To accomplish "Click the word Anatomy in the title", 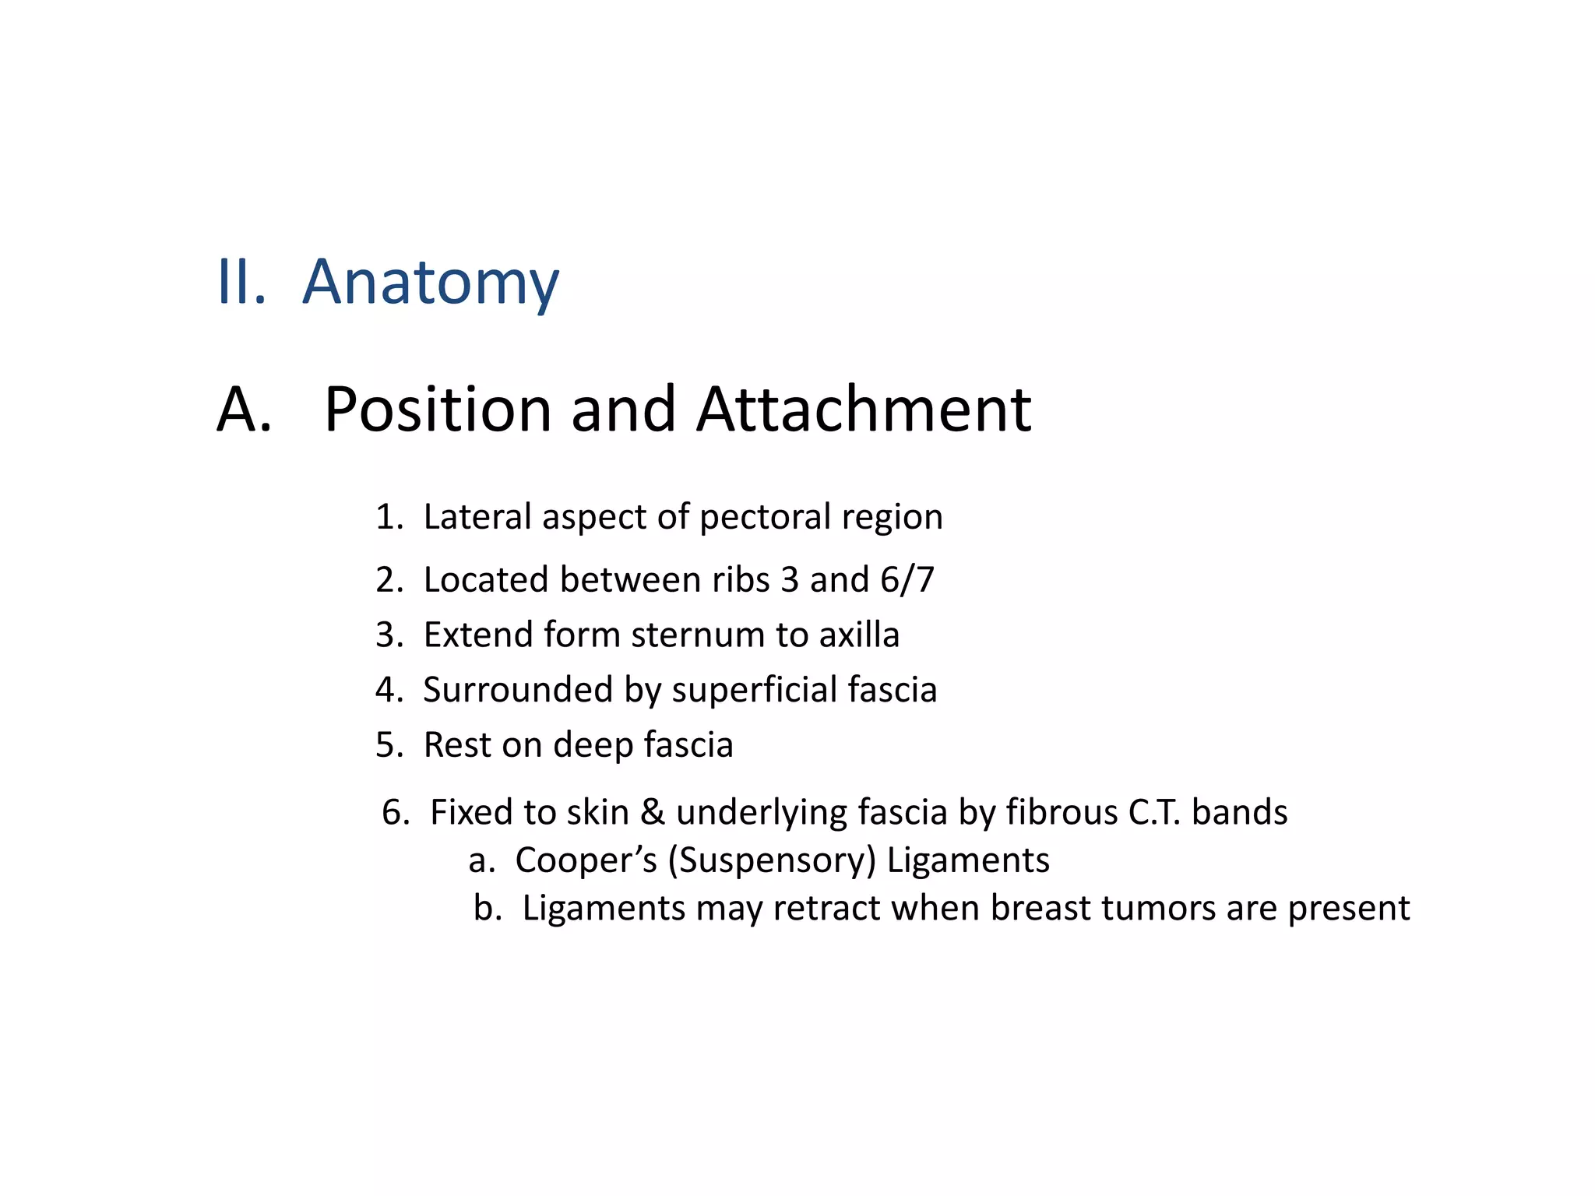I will click(431, 282).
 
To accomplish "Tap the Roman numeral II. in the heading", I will click(241, 282).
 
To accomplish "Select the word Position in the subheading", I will click(438, 410).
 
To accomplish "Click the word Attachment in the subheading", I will click(864, 410).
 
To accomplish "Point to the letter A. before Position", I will click(244, 410).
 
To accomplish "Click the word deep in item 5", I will click(593, 746).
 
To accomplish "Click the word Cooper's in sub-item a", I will click(586, 861).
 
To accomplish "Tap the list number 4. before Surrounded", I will click(389, 691).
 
